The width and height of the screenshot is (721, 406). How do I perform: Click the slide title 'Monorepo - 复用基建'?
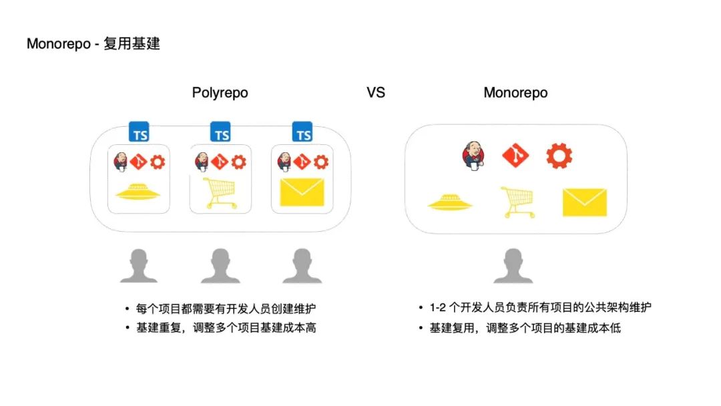point(93,44)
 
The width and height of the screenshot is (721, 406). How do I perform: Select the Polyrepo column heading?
point(220,93)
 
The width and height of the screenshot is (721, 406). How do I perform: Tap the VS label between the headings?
point(376,93)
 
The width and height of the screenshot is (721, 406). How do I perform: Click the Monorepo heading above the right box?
point(515,93)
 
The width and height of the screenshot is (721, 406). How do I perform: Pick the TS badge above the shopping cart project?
point(221,132)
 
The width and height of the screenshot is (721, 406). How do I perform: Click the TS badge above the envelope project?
point(303,132)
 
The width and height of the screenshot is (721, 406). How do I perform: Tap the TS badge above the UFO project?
point(140,132)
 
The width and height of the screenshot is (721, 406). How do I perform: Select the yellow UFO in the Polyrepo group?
point(140,194)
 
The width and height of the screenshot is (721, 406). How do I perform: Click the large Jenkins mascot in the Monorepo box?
point(471,156)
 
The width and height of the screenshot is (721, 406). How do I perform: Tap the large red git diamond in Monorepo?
point(515,156)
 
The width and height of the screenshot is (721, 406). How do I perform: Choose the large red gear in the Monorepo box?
point(559,156)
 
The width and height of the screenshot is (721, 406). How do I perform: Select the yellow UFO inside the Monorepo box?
point(451,202)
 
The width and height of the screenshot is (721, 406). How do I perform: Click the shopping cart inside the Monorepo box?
point(517,202)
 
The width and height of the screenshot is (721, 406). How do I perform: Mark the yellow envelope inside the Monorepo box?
point(584,202)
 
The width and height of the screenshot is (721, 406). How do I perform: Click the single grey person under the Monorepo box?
point(513,265)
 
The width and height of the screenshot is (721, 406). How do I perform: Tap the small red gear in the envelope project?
point(321,161)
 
